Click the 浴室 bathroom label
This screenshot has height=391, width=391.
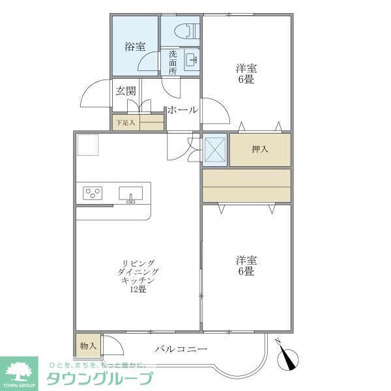[x=135, y=46]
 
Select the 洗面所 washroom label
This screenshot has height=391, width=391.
[x=173, y=63]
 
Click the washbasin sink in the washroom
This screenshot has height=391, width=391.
[x=192, y=61]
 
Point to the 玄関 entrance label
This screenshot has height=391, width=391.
[x=126, y=91]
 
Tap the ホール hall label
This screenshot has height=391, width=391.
[x=182, y=110]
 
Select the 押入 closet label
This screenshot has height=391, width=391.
[x=260, y=149]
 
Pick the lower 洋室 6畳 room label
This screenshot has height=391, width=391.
[x=246, y=266]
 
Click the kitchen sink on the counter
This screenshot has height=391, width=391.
[x=131, y=194]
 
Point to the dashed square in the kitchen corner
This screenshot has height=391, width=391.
[x=87, y=145]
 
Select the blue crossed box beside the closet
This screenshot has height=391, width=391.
[x=214, y=149]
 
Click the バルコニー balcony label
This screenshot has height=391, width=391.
[x=181, y=349]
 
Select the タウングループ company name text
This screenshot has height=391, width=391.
[x=99, y=379]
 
